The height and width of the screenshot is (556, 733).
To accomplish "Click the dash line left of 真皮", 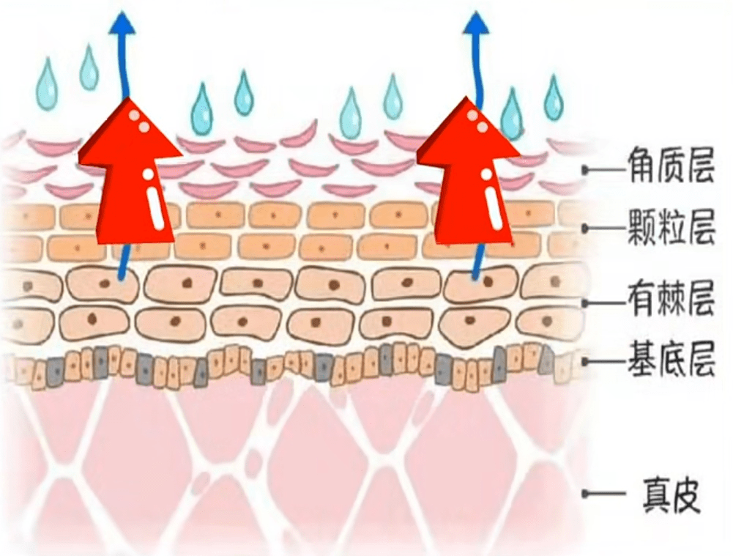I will [600, 496].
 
